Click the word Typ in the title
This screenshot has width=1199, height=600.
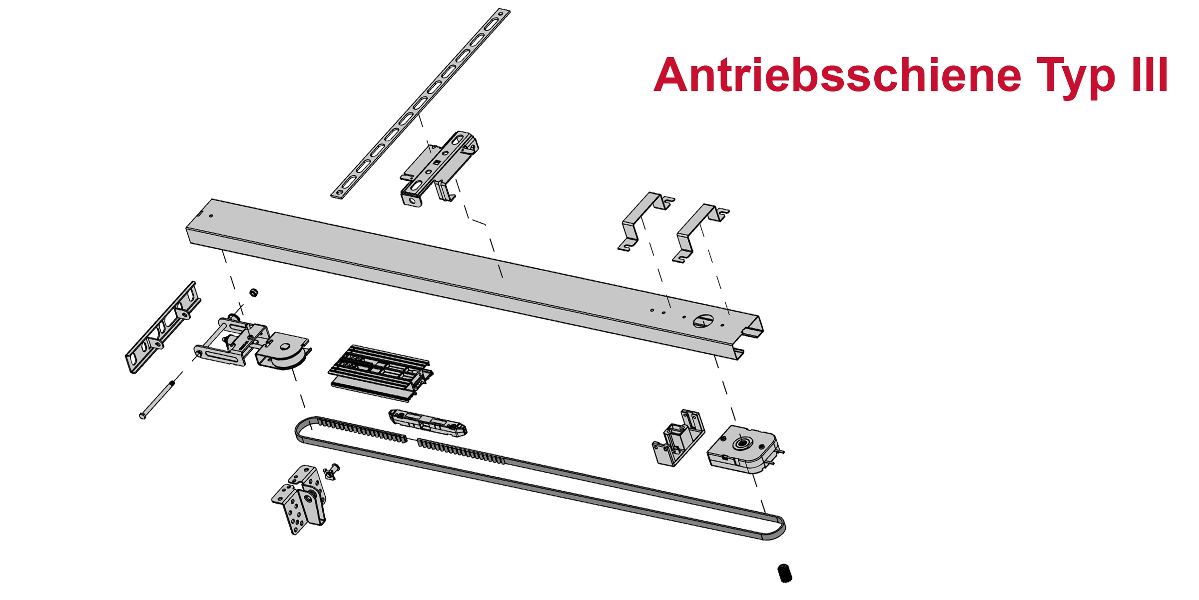point(1076,77)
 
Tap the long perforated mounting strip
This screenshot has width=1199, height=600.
point(420,103)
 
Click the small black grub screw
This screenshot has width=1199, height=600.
point(785,573)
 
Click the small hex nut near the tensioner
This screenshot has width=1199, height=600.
point(253,292)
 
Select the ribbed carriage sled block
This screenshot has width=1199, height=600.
point(381,373)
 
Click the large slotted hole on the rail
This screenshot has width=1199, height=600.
point(703,321)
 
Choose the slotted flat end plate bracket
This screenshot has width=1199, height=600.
point(163,327)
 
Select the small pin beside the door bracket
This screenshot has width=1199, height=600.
point(331,471)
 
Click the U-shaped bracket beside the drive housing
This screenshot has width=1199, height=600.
point(678,438)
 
